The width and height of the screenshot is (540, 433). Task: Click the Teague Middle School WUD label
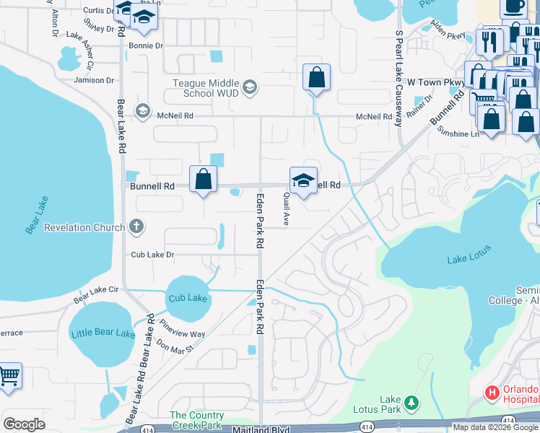tap(205, 88)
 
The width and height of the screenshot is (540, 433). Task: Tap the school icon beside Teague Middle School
tap(250, 88)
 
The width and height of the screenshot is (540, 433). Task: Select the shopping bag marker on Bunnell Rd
tap(204, 179)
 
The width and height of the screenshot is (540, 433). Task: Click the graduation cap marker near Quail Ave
tap(303, 180)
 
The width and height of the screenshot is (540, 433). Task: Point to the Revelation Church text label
tap(84, 227)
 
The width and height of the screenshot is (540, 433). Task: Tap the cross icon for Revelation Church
tap(136, 227)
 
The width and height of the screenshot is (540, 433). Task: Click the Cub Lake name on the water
tap(188, 298)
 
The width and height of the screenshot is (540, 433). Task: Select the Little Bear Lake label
tap(103, 333)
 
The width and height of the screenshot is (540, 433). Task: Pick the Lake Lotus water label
tap(469, 254)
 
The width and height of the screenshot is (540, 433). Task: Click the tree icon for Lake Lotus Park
tap(411, 401)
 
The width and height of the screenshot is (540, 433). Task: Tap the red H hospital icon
tap(492, 393)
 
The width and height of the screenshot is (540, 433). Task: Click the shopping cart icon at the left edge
tap(8, 375)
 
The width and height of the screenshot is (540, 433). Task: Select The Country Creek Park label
tap(196, 420)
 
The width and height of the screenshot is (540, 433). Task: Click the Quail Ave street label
tap(286, 209)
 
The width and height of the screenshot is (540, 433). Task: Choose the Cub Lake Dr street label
tap(152, 255)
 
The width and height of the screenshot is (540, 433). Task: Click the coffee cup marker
tap(513, 6)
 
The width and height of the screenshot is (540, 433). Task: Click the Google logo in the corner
tap(24, 424)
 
